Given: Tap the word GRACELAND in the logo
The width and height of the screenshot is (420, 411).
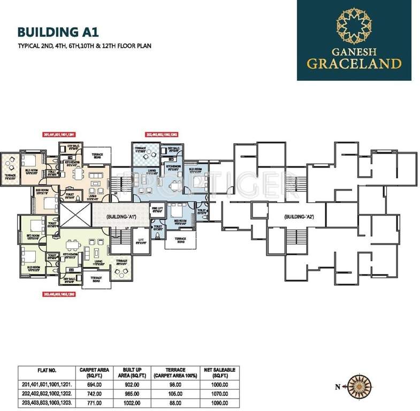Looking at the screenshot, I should tap(355, 63).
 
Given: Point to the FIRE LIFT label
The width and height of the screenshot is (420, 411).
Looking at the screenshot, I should tap(156, 210).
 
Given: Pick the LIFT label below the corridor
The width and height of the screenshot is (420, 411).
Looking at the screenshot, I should tap(141, 240).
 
